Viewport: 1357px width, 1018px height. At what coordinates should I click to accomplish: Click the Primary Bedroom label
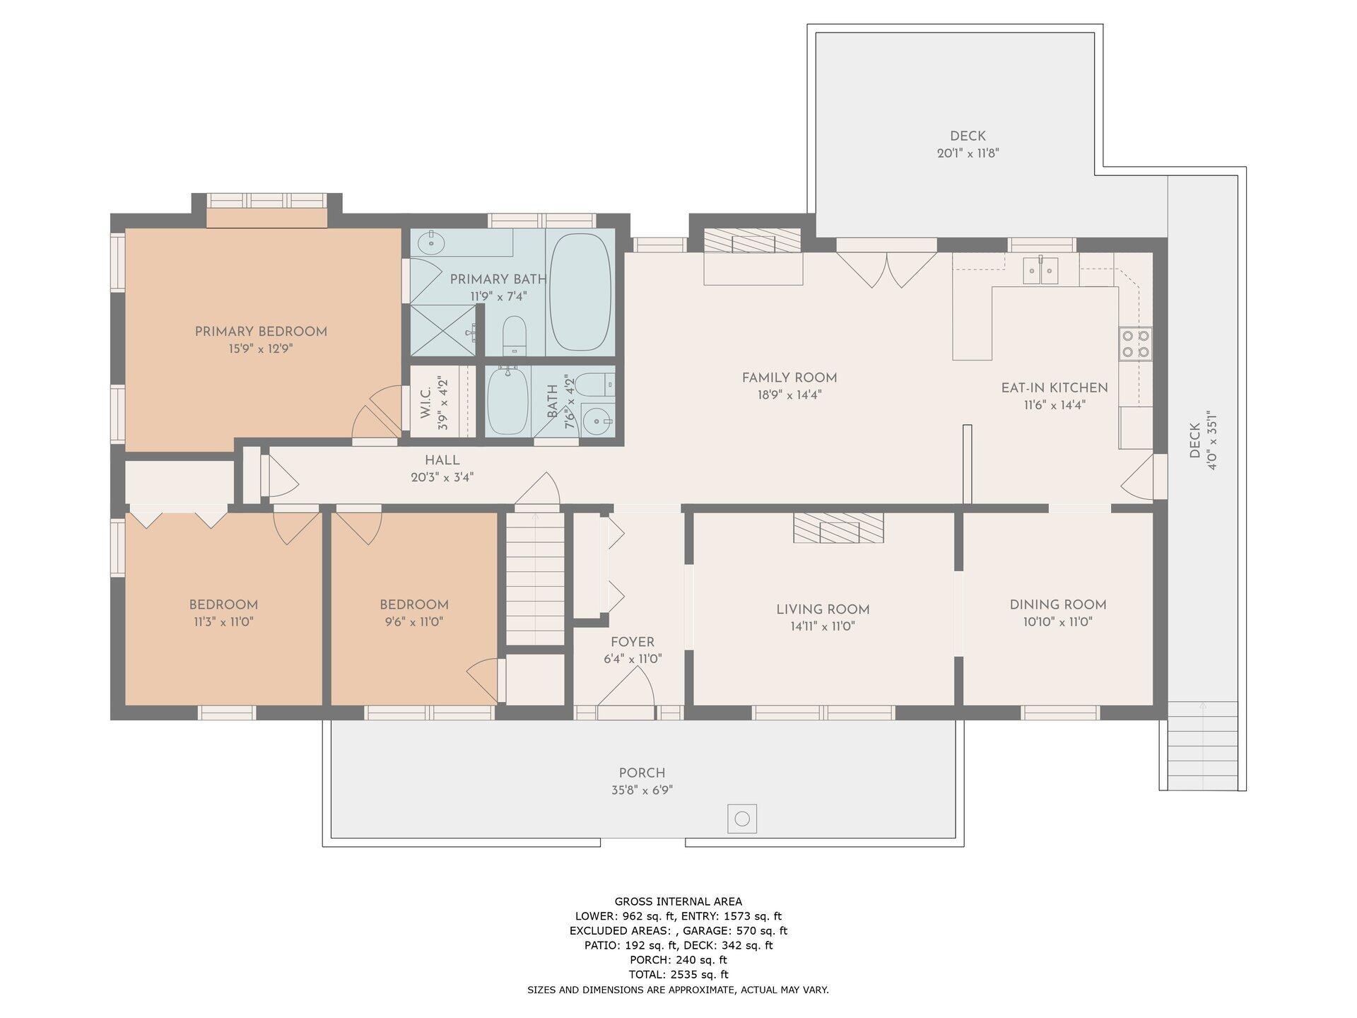point(261,332)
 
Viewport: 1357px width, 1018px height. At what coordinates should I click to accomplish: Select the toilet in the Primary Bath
point(515,335)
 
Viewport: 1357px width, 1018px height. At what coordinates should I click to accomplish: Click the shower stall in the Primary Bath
point(443,330)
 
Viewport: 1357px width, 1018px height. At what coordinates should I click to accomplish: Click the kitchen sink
point(1042,269)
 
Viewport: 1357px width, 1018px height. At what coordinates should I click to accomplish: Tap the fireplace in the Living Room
point(838,528)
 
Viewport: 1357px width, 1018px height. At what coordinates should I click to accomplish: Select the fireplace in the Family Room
point(753,243)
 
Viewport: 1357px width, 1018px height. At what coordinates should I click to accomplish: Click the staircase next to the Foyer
point(535,578)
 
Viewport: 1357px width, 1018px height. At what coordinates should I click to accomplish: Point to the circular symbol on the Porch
point(742,819)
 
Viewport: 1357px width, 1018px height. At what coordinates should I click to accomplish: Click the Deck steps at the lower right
point(1202,746)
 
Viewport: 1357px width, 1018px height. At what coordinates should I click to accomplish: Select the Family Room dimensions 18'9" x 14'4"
point(789,395)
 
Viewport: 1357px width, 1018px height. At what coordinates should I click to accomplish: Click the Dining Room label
point(1058,604)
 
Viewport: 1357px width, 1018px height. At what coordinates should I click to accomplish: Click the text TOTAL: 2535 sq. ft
point(678,975)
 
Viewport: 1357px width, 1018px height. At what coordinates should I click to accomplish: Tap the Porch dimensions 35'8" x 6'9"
point(642,790)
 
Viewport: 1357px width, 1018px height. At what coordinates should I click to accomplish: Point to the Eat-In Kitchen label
point(1055,387)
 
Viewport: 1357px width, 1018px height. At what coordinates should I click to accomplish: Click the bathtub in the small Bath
point(508,401)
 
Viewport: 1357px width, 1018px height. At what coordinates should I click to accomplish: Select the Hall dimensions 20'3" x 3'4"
point(442,477)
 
